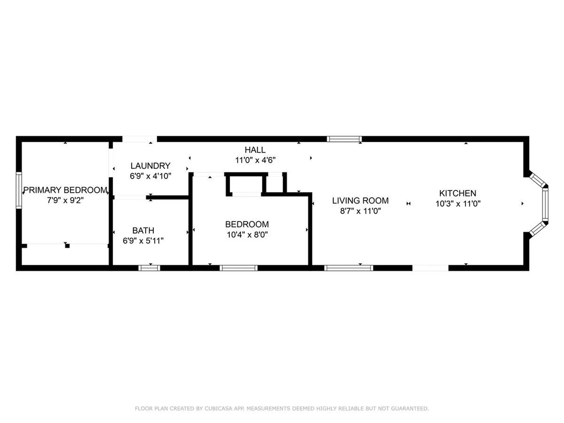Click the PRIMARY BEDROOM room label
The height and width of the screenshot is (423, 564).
click(x=65, y=190)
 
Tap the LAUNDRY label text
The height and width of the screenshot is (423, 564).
click(x=150, y=166)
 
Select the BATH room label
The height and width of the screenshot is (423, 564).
click(x=143, y=231)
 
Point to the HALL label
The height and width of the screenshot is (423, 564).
click(x=255, y=150)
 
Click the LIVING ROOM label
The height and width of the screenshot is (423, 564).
click(x=360, y=201)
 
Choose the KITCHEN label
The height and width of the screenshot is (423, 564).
click(x=457, y=193)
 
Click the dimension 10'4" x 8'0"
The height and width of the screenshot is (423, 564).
click(x=247, y=235)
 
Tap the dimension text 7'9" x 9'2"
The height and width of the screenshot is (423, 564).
click(x=65, y=200)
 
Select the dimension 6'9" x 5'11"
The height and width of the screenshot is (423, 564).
click(x=143, y=241)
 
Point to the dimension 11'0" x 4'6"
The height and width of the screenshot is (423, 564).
click(x=255, y=160)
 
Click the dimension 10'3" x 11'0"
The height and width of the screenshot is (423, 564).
click(x=458, y=204)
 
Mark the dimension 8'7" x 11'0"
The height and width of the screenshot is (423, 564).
click(x=360, y=211)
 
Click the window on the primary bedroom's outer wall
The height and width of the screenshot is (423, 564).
click(x=19, y=190)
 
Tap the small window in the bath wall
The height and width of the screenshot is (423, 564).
click(x=149, y=268)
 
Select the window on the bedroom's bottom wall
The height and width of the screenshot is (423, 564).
click(x=239, y=268)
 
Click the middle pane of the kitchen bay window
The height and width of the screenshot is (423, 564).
click(x=545, y=204)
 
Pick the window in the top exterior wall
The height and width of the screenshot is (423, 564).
click(x=344, y=139)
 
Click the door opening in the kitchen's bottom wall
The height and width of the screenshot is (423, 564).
click(x=430, y=268)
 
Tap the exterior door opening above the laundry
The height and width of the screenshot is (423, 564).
click(x=140, y=139)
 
